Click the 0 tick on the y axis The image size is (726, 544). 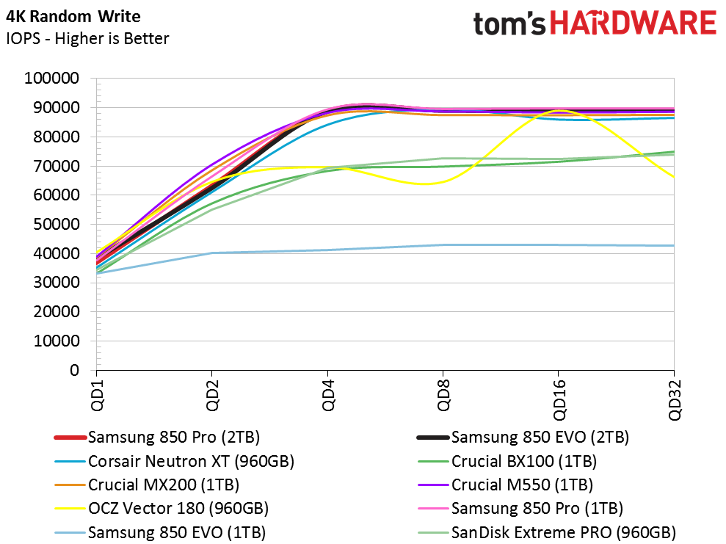[74, 371]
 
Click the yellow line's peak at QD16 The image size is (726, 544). [559, 111]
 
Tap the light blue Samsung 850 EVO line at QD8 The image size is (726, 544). [443, 244]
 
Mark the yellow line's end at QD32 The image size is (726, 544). [673, 176]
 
